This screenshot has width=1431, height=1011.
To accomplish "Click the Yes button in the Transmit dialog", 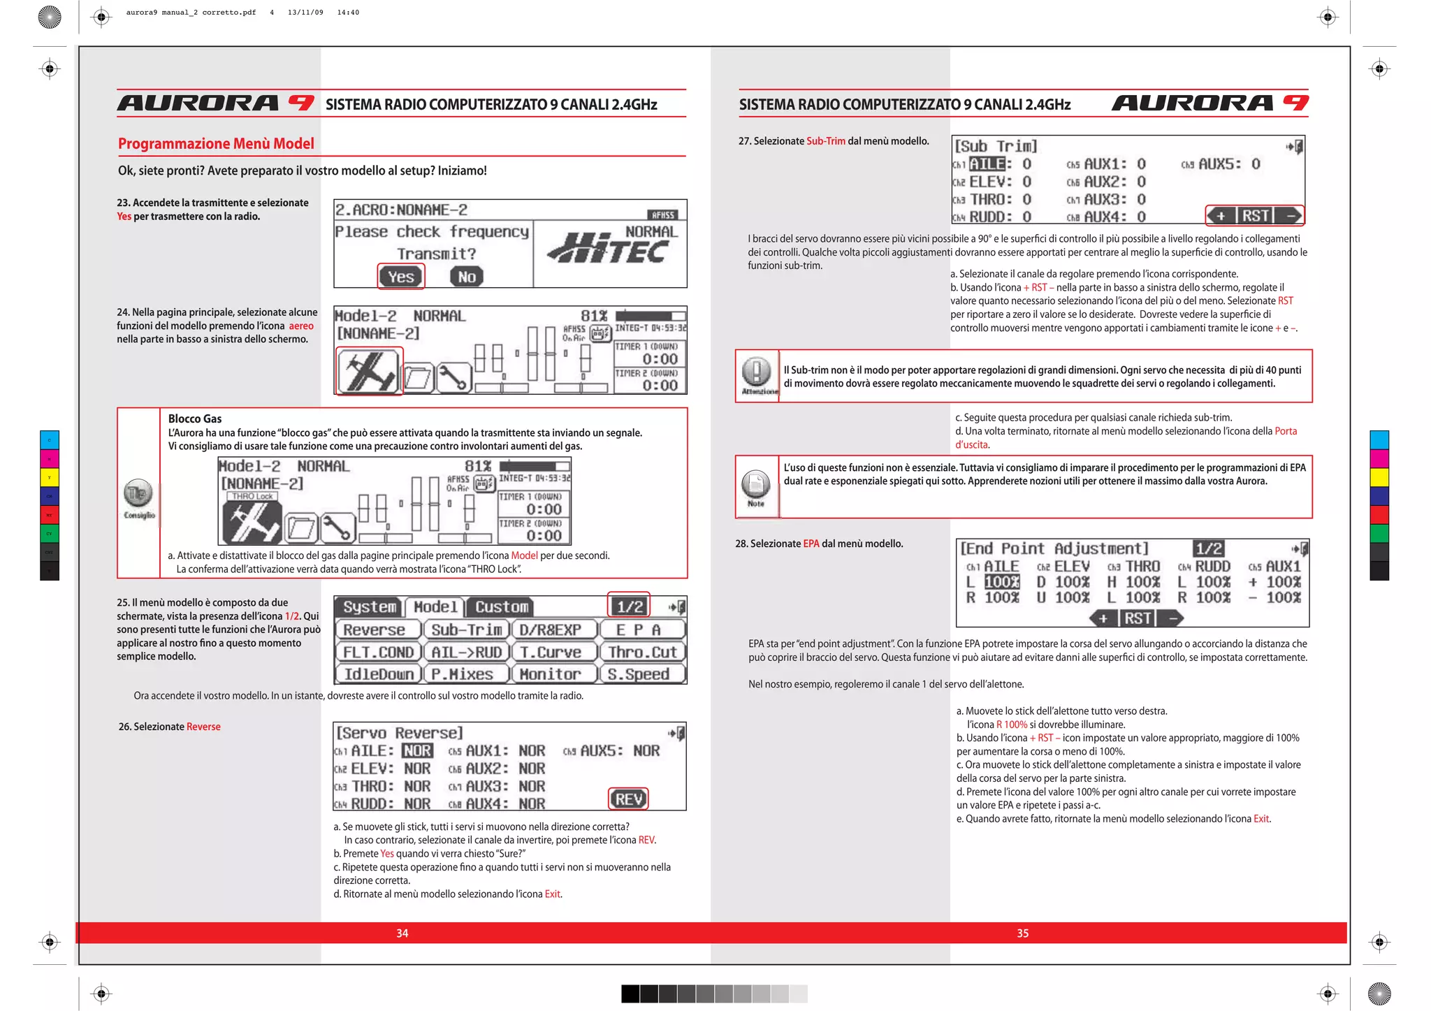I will (x=400, y=277).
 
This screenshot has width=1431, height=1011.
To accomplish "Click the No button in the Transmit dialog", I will (x=467, y=277).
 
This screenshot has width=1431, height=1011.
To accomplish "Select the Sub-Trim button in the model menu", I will (x=466, y=630).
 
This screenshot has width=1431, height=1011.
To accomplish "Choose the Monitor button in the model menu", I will (x=549, y=674).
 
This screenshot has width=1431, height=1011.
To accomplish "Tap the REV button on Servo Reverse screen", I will (x=628, y=799).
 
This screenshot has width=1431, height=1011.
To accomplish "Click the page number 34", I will (x=402, y=933).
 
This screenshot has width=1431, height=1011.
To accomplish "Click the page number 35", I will (x=1022, y=933).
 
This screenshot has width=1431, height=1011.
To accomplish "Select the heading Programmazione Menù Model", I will (x=216, y=144).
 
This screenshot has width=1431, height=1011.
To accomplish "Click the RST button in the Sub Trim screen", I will (x=1255, y=216).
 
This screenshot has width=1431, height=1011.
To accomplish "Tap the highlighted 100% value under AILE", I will (x=1001, y=582).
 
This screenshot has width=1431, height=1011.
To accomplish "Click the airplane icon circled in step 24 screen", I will (x=369, y=371).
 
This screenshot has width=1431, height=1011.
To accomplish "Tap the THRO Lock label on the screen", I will (x=252, y=496).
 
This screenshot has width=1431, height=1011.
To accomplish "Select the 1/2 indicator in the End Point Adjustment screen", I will (x=1208, y=549).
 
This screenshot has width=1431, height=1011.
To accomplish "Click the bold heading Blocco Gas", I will (x=194, y=419).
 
